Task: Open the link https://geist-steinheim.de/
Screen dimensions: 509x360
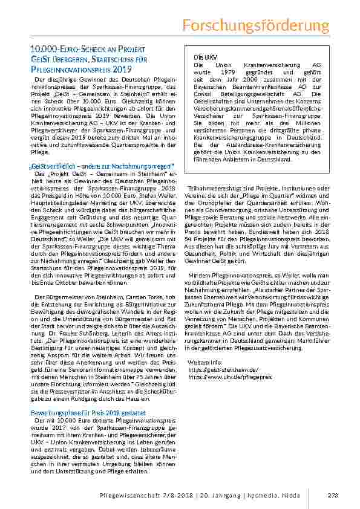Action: coord(215,369)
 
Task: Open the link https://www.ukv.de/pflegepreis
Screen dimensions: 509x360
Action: coord(221,376)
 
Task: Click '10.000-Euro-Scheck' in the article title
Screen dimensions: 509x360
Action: coord(60,47)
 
